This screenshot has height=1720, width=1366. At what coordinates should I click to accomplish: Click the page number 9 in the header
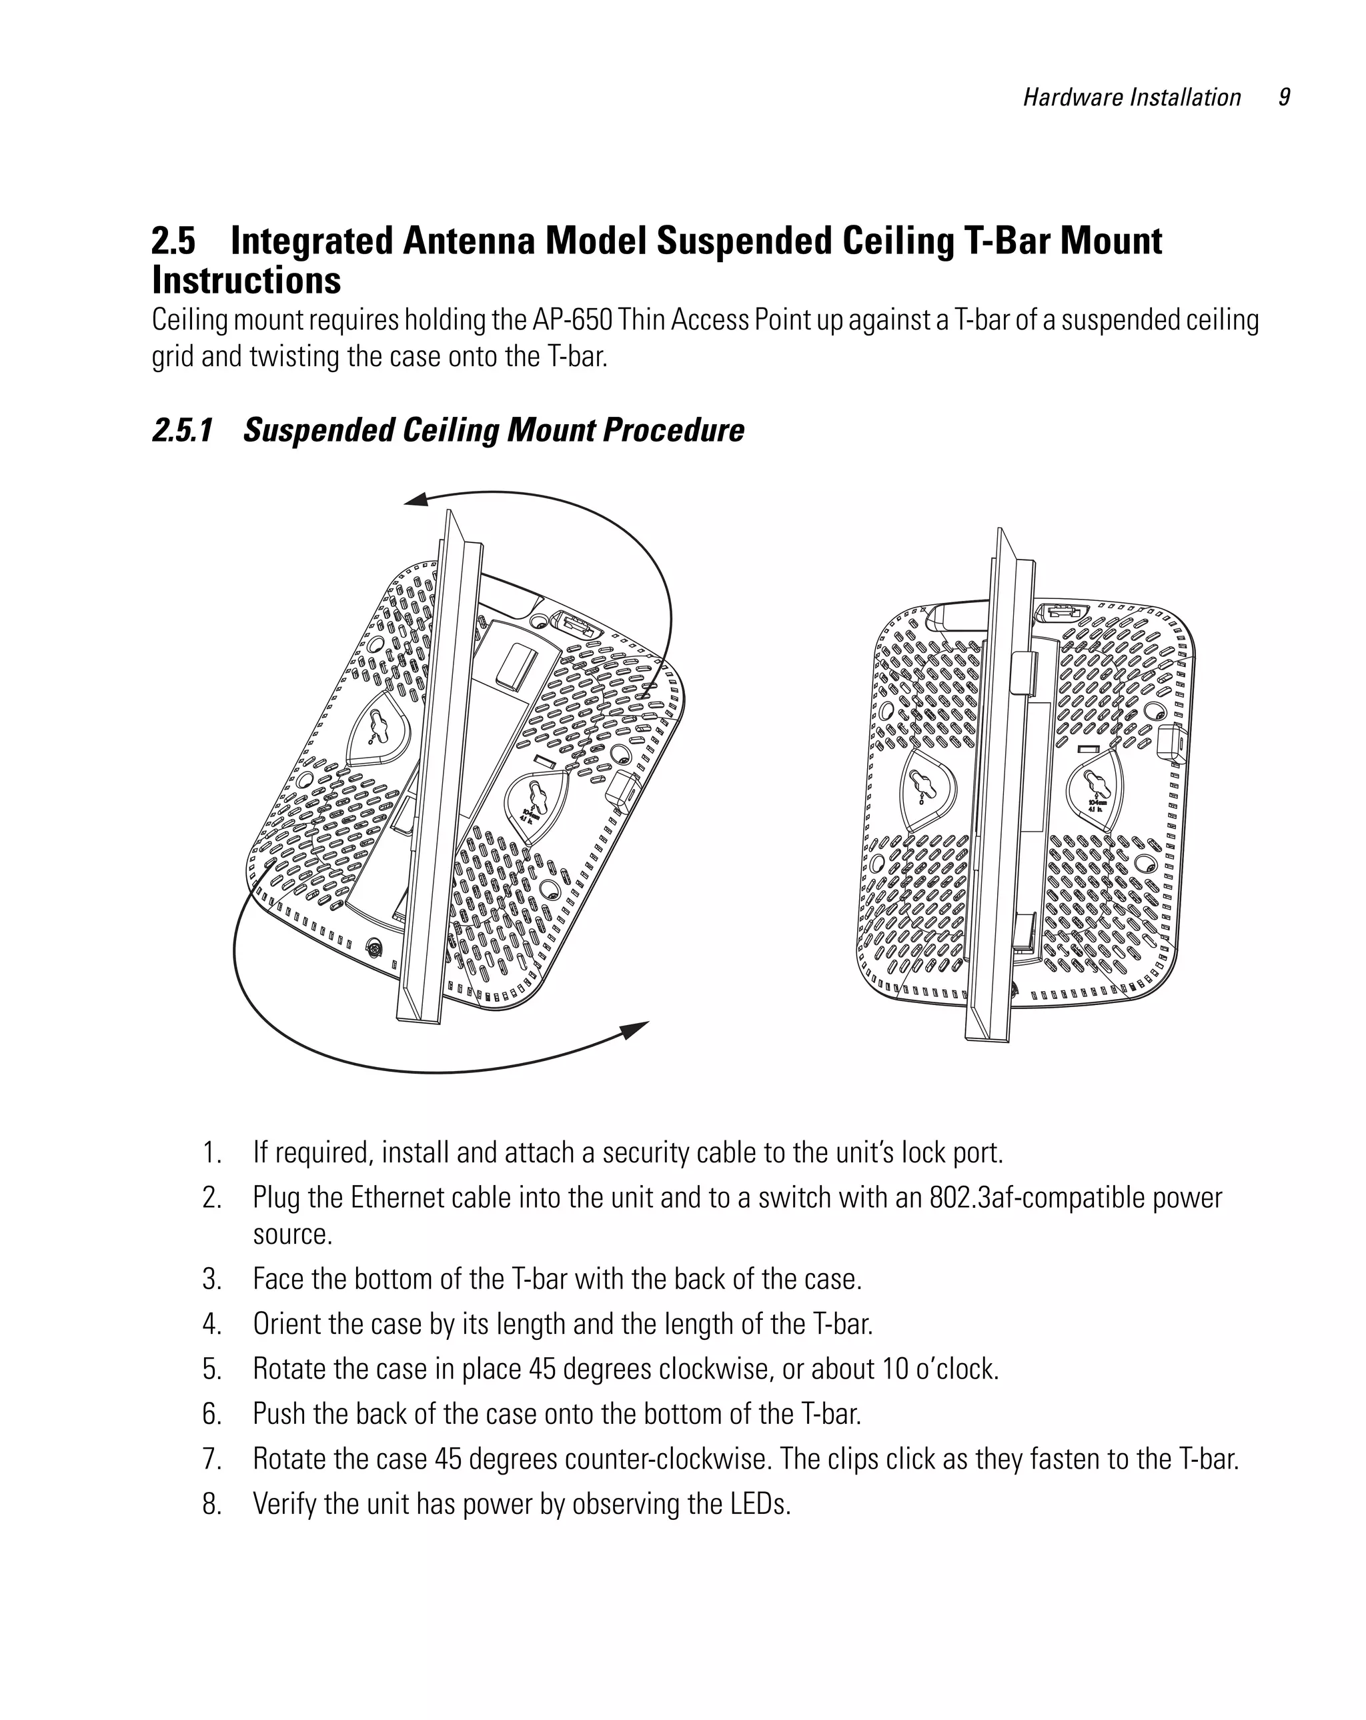[x=1284, y=97]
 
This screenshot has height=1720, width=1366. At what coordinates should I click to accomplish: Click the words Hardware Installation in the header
[x=1131, y=98]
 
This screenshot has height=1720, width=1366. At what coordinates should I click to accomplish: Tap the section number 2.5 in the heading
[x=174, y=241]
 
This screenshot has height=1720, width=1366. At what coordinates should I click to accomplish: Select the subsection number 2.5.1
[x=183, y=430]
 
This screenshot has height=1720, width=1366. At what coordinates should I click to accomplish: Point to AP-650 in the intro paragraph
[x=572, y=320]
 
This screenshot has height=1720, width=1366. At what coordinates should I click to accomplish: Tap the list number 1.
[x=211, y=1153]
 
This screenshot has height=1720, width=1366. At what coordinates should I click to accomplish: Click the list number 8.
[x=211, y=1504]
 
